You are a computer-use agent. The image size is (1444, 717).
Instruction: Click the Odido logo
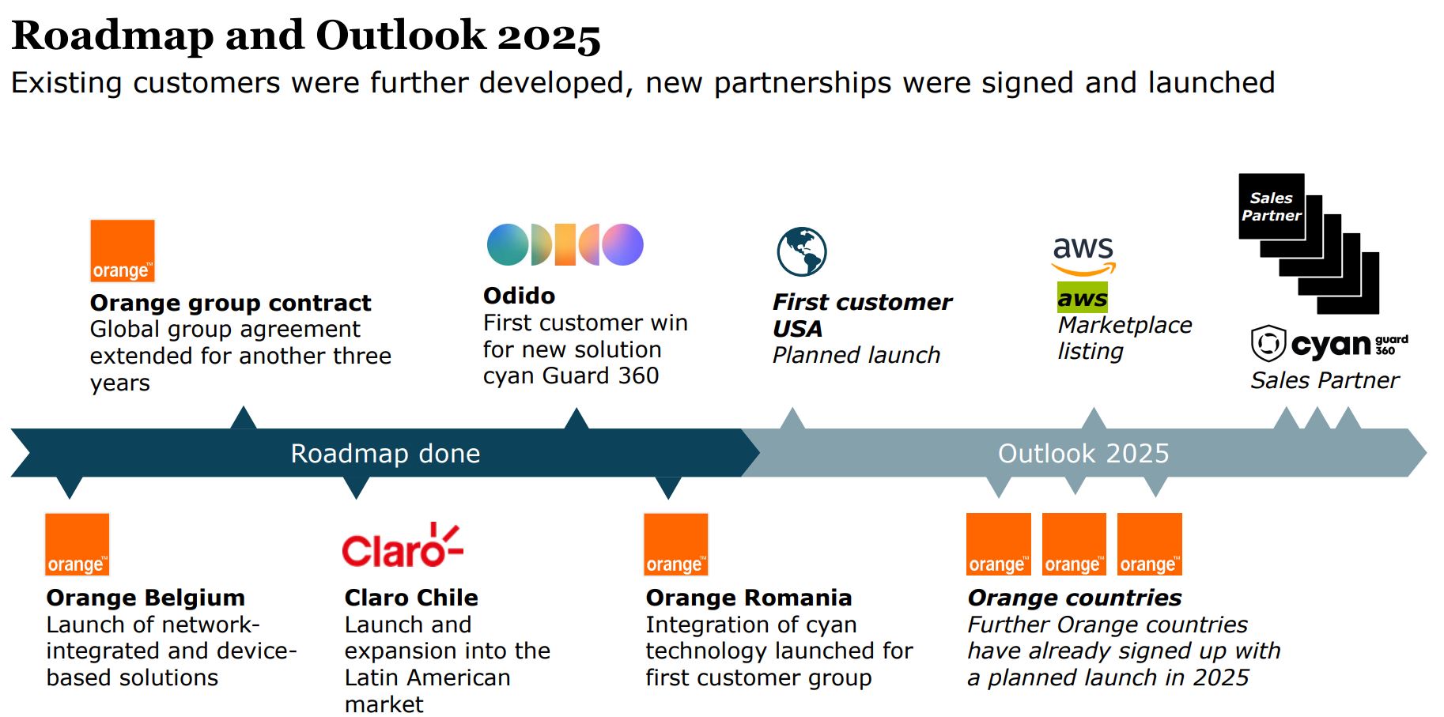pyautogui.click(x=565, y=244)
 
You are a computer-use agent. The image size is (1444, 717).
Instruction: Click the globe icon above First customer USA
pyautogui.click(x=801, y=251)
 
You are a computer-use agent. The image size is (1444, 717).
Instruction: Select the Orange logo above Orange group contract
pyautogui.click(x=123, y=251)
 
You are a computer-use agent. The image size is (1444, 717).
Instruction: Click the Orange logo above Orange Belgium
pyautogui.click(x=77, y=545)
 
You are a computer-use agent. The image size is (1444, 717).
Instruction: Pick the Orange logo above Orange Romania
pyautogui.click(x=675, y=545)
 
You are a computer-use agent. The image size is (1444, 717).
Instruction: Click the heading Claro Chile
pyautogui.click(x=411, y=598)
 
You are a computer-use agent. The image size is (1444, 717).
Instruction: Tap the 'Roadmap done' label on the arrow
pyautogui.click(x=385, y=453)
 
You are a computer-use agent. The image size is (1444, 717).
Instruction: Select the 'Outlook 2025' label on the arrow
pyautogui.click(x=1083, y=453)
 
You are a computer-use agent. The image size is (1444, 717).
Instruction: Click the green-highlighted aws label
pyautogui.click(x=1082, y=298)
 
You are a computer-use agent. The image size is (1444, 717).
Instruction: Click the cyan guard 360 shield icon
pyautogui.click(x=1268, y=344)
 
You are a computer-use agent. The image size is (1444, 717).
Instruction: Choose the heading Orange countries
pyautogui.click(x=1074, y=598)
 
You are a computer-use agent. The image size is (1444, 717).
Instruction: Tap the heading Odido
pyautogui.click(x=519, y=296)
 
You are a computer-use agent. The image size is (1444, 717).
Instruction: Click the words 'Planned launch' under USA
pyautogui.click(x=856, y=355)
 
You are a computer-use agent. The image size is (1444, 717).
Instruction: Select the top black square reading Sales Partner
pyautogui.click(x=1271, y=206)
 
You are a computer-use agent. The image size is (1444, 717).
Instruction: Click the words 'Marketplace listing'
pyautogui.click(x=1124, y=338)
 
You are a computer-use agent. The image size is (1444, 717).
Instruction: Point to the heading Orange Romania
pyautogui.click(x=748, y=598)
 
